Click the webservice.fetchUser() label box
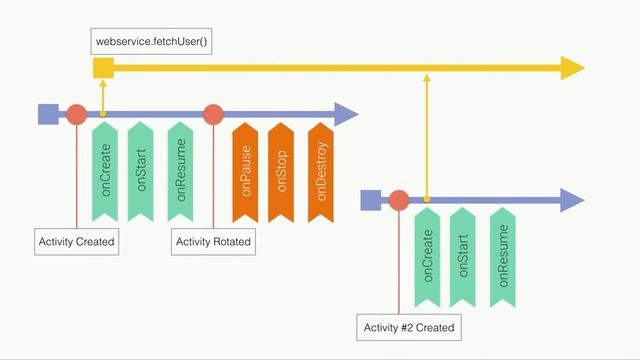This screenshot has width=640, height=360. (151, 42)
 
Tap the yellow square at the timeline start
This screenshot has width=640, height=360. (102, 68)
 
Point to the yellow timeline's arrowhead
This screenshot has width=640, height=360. (572, 68)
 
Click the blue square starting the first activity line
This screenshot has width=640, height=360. (47, 114)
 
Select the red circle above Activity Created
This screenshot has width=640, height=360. (76, 114)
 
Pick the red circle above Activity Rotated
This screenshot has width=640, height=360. (212, 114)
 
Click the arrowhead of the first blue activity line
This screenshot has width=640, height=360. (346, 114)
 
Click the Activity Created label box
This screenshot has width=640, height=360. (76, 242)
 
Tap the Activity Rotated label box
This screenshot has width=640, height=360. (213, 242)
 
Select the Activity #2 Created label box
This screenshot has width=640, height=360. (409, 327)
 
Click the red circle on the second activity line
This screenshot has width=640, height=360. (399, 200)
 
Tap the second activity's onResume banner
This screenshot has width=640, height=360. (503, 255)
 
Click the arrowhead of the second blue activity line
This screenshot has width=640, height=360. (573, 200)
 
